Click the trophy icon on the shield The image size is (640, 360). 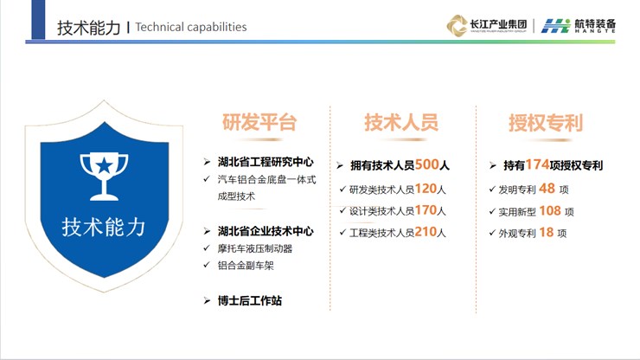[104, 177]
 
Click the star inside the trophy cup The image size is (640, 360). [104, 165]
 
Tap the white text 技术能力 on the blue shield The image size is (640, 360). [104, 227]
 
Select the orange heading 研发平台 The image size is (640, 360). [259, 122]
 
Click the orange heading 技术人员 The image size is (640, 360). [401, 122]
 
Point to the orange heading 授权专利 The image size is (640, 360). [546, 123]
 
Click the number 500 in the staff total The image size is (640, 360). [426, 164]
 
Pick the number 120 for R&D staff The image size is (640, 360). [426, 189]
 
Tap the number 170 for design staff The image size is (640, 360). [426, 210]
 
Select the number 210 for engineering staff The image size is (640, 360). [426, 232]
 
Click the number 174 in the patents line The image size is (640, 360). [537, 164]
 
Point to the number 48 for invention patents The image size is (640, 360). [547, 189]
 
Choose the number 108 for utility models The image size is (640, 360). [550, 210]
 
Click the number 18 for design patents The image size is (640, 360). [546, 232]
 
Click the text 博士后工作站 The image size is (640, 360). [250, 301]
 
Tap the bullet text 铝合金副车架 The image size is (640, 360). [246, 266]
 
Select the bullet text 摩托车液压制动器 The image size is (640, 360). [255, 248]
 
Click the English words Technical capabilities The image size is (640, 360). [191, 27]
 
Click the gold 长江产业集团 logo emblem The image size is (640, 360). [458, 26]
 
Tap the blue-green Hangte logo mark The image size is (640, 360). [555, 26]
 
